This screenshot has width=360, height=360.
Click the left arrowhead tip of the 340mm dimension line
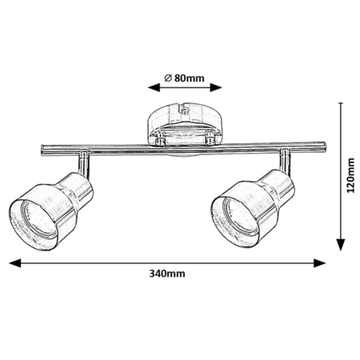point(9,263)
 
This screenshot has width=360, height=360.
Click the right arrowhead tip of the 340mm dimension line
point(326,263)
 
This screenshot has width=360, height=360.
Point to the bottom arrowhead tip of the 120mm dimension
point(341,251)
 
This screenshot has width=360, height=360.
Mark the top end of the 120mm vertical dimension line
point(341,103)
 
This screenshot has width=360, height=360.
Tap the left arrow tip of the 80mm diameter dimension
point(148,88)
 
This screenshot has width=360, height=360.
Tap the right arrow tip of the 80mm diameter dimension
point(222,88)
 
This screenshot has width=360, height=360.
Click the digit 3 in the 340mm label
point(152,274)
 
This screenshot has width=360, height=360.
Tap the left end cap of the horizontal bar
point(43,151)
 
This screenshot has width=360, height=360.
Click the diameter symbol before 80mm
point(168,78)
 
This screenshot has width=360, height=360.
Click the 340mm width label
point(167,274)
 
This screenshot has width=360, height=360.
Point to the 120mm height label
point(351,175)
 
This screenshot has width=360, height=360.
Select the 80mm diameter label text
point(184,78)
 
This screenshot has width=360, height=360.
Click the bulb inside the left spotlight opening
point(39,217)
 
